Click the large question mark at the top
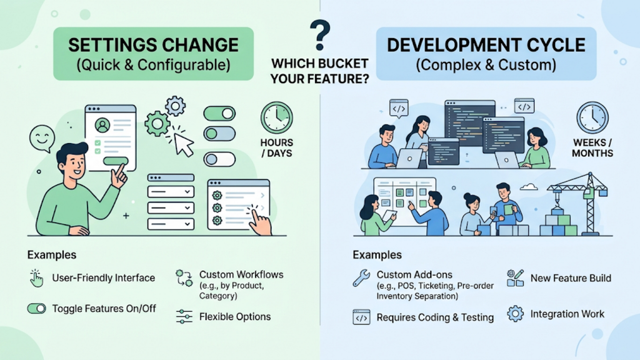tap(320, 35)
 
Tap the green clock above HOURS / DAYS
tap(277, 117)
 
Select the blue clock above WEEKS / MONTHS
tap(592, 117)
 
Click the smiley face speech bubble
tap(42, 138)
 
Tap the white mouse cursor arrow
tap(184, 145)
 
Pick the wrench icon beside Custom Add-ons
tap(361, 278)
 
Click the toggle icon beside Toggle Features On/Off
tap(37, 309)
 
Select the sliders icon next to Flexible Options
tap(184, 316)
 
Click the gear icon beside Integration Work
tap(515, 314)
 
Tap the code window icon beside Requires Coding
tap(361, 317)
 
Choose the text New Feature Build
tap(571, 278)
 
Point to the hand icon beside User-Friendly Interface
tap(36, 278)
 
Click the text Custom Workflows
tap(241, 274)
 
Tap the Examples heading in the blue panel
tap(377, 255)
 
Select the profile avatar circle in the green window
tap(102, 125)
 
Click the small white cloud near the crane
tap(529, 187)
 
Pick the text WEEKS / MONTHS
tap(592, 147)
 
